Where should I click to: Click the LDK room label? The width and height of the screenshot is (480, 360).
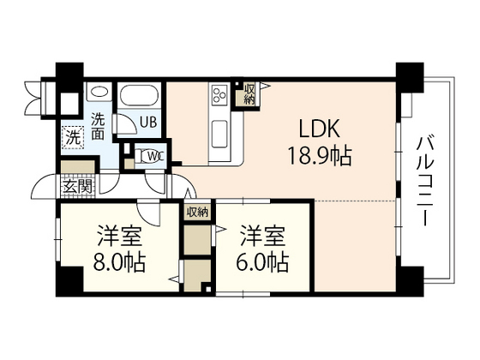point(319,129)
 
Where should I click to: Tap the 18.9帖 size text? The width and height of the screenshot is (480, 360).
point(319,155)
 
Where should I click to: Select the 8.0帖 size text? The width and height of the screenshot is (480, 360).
point(119,262)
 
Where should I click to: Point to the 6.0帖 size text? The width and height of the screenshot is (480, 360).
point(262,262)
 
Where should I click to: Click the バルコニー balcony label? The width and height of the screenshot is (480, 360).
point(425,181)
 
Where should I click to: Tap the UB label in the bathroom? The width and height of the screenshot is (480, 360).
point(148,123)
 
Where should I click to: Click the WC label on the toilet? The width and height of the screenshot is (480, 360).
point(156,156)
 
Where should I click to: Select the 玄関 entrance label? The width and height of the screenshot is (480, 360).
point(78,187)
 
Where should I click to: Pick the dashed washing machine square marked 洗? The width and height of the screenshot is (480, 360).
point(73,137)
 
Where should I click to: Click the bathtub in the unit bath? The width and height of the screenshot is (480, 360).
point(139,95)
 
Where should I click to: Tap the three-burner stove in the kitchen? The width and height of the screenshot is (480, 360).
point(219,94)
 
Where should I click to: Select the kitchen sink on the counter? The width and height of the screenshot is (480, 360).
point(219,134)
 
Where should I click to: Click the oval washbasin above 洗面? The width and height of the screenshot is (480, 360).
point(99,92)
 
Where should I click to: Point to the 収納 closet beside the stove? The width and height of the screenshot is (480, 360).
point(249,94)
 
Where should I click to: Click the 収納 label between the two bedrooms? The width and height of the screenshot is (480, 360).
point(197,212)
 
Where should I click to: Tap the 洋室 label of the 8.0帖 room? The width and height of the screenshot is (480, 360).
point(120,236)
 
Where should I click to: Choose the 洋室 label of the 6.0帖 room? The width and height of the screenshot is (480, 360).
point(262,236)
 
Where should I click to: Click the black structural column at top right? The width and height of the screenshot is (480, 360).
point(410,77)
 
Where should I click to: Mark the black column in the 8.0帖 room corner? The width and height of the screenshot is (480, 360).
point(69,281)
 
